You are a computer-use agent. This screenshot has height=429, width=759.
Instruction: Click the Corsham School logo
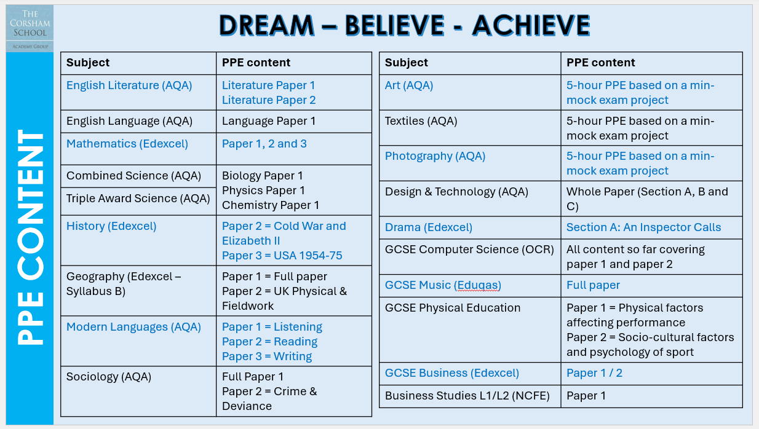30,28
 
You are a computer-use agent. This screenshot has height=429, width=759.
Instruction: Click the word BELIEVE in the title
394,25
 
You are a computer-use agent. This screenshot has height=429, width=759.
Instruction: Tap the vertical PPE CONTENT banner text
31,237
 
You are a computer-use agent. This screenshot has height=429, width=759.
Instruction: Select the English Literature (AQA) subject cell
138,92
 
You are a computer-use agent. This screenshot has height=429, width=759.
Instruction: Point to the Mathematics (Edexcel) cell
138,149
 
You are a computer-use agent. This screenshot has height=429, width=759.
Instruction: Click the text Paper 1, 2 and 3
264,144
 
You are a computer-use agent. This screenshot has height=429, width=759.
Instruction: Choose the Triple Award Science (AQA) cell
138,201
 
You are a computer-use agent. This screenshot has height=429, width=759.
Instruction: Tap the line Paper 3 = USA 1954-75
282,255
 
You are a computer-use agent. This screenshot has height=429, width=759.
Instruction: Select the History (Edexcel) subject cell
138,240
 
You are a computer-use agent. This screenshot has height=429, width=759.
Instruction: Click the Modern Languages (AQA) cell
138,341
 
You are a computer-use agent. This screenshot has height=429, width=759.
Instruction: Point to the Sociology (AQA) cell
138,391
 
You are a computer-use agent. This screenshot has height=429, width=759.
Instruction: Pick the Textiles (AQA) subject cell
470,128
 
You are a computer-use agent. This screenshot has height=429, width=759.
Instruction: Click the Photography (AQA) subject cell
470,163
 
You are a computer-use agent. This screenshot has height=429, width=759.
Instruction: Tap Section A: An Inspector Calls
643,227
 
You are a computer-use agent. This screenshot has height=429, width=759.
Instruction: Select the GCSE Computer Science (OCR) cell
470,257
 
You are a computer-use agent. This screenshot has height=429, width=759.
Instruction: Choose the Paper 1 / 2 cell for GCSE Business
651,374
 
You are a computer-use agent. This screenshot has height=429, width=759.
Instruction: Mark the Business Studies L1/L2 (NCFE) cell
470,396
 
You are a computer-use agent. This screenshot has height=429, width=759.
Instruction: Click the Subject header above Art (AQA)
407,63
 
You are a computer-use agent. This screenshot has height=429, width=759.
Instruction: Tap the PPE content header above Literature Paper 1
256,63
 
